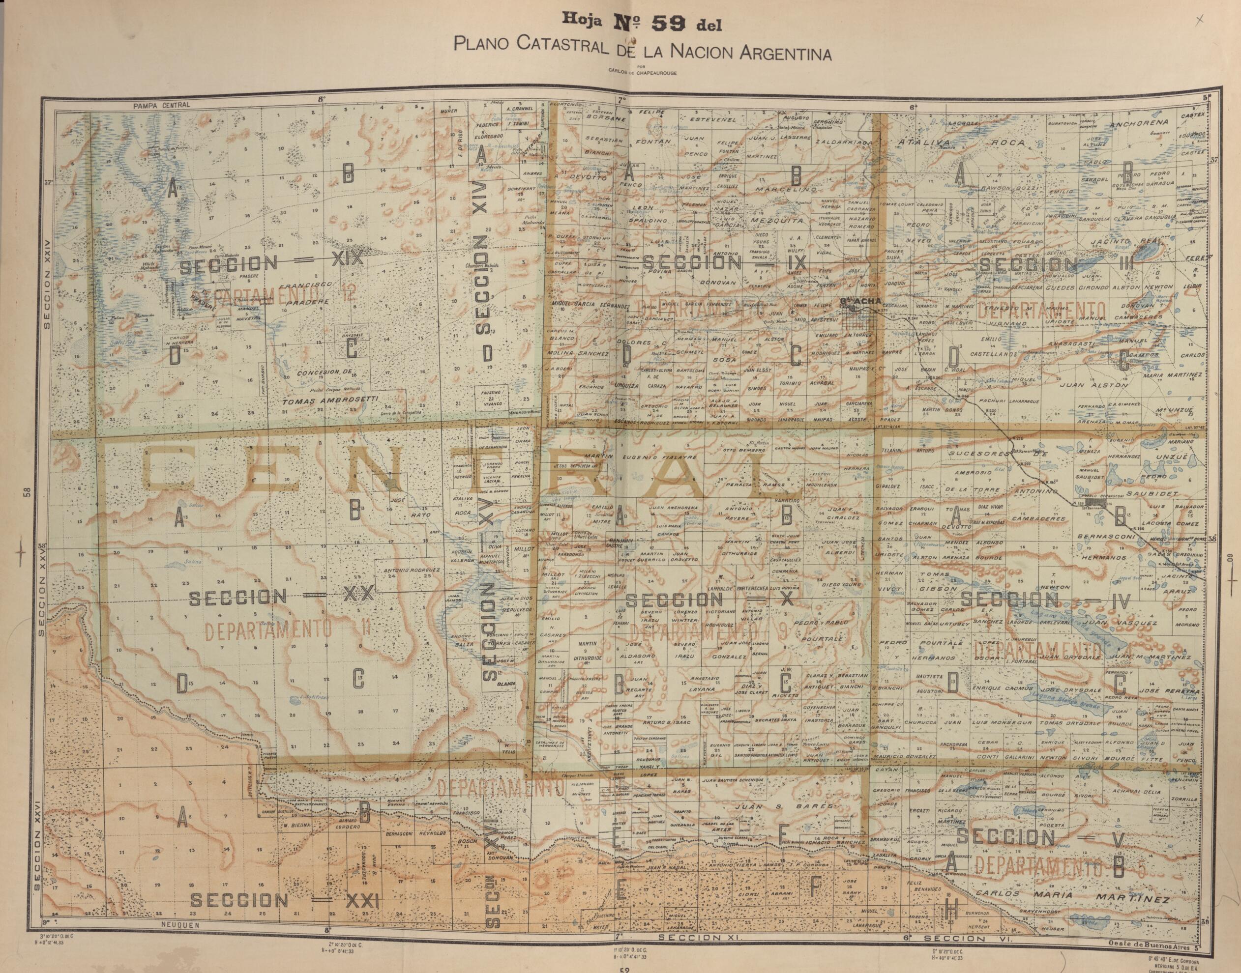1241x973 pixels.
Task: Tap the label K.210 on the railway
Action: point(1016,438)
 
